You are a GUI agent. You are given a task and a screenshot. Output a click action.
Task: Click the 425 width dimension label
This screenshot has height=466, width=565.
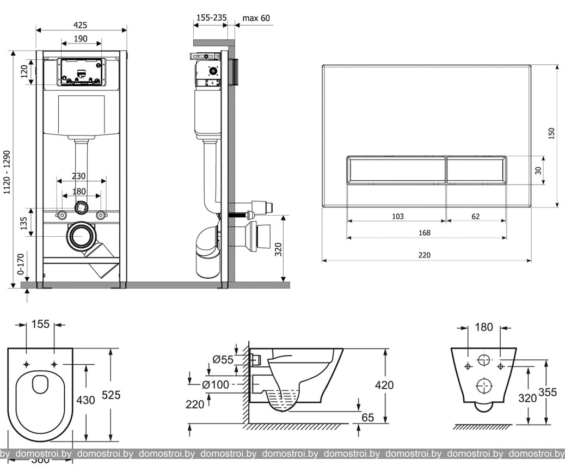[x=81, y=24]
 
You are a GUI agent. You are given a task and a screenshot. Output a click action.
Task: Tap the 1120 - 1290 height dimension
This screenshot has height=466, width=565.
[x=7, y=173]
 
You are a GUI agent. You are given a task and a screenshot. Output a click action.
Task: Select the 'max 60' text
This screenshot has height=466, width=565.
[x=256, y=18]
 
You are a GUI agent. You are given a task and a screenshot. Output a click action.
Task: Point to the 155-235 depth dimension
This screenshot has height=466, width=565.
[x=211, y=18]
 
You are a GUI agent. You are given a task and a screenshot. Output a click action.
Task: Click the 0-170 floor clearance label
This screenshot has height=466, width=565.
[x=21, y=263]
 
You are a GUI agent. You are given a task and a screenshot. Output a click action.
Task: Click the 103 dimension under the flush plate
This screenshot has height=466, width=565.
[x=398, y=216]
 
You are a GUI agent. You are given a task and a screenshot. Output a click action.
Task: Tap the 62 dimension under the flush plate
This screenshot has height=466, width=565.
[x=476, y=216]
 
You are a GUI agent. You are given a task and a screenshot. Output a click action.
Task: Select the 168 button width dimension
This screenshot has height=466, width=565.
[x=425, y=233]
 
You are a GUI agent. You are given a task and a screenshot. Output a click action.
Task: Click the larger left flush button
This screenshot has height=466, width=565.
[x=397, y=170]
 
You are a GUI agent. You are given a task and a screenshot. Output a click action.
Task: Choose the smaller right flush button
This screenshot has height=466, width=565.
[x=477, y=170]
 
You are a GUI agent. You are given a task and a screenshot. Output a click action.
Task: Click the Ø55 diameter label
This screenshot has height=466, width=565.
[x=223, y=359]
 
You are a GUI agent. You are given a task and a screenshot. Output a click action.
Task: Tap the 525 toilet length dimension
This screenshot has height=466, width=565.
[x=122, y=395]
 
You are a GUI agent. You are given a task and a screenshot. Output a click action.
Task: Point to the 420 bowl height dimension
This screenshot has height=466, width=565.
[x=384, y=385]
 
